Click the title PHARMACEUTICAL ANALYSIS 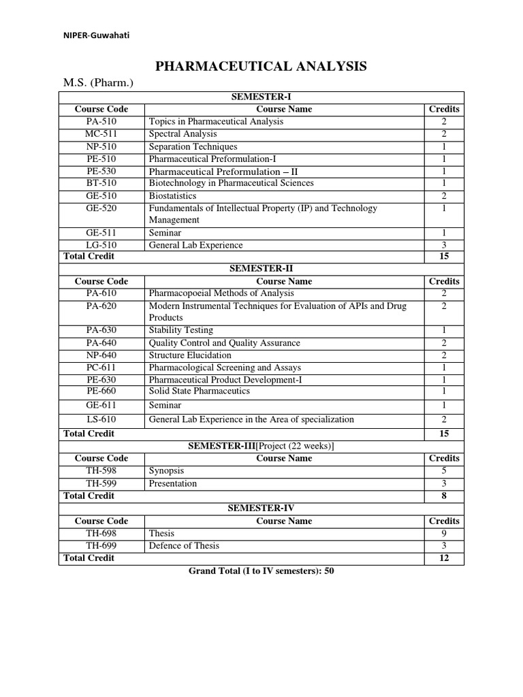click(261, 66)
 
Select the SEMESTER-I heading click(261, 97)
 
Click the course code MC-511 click(101, 134)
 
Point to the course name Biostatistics click(173, 196)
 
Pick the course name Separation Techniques click(193, 146)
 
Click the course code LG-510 click(101, 245)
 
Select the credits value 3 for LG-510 click(444, 245)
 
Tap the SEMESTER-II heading click(261, 269)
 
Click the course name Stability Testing click(180, 330)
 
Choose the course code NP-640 click(101, 355)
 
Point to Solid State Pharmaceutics click(199, 391)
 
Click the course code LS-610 click(101, 419)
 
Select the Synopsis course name click(166, 471)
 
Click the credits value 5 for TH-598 click(444, 471)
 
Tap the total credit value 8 click(444, 496)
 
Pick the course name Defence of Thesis click(184, 546)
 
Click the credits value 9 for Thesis click(444, 534)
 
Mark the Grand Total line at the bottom click(261, 572)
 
